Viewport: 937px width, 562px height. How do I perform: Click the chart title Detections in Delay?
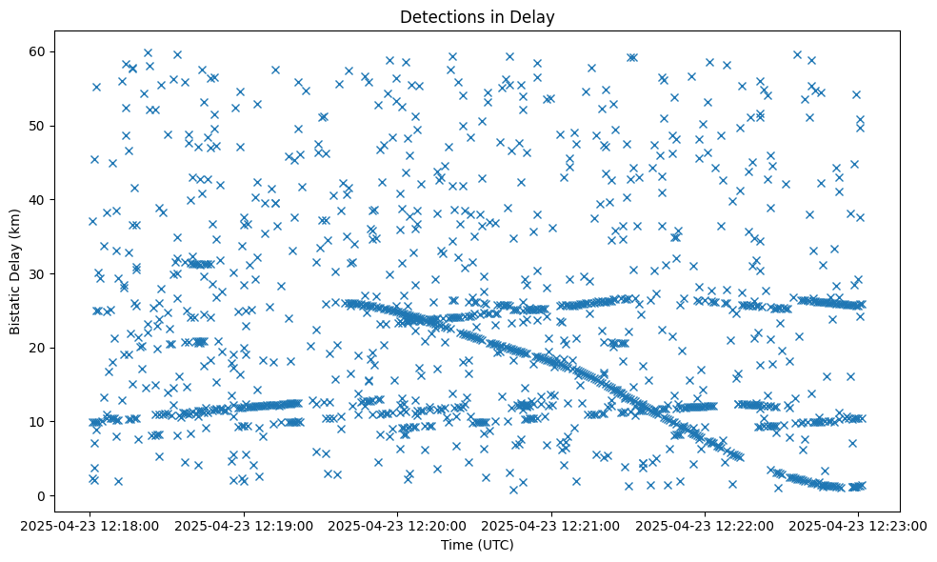477,16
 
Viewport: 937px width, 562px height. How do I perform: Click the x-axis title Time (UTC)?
477,545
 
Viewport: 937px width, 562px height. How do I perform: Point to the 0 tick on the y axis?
41,495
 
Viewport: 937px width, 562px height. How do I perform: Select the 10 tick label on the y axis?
37,421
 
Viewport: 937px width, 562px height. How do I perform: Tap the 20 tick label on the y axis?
37,348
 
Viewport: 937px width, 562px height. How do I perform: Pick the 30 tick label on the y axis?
37,273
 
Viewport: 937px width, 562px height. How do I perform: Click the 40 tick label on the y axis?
37,199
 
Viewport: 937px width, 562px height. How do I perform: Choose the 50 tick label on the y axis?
37,126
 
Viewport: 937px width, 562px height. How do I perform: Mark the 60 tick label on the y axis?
37,51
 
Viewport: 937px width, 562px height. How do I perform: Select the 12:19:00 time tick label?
245,524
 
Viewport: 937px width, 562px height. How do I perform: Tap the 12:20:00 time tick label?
398,524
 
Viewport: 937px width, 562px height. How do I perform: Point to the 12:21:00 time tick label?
551,524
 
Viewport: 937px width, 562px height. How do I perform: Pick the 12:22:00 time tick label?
705,524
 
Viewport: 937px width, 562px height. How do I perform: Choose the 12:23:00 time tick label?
858,524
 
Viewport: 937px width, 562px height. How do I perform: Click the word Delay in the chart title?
535,16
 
